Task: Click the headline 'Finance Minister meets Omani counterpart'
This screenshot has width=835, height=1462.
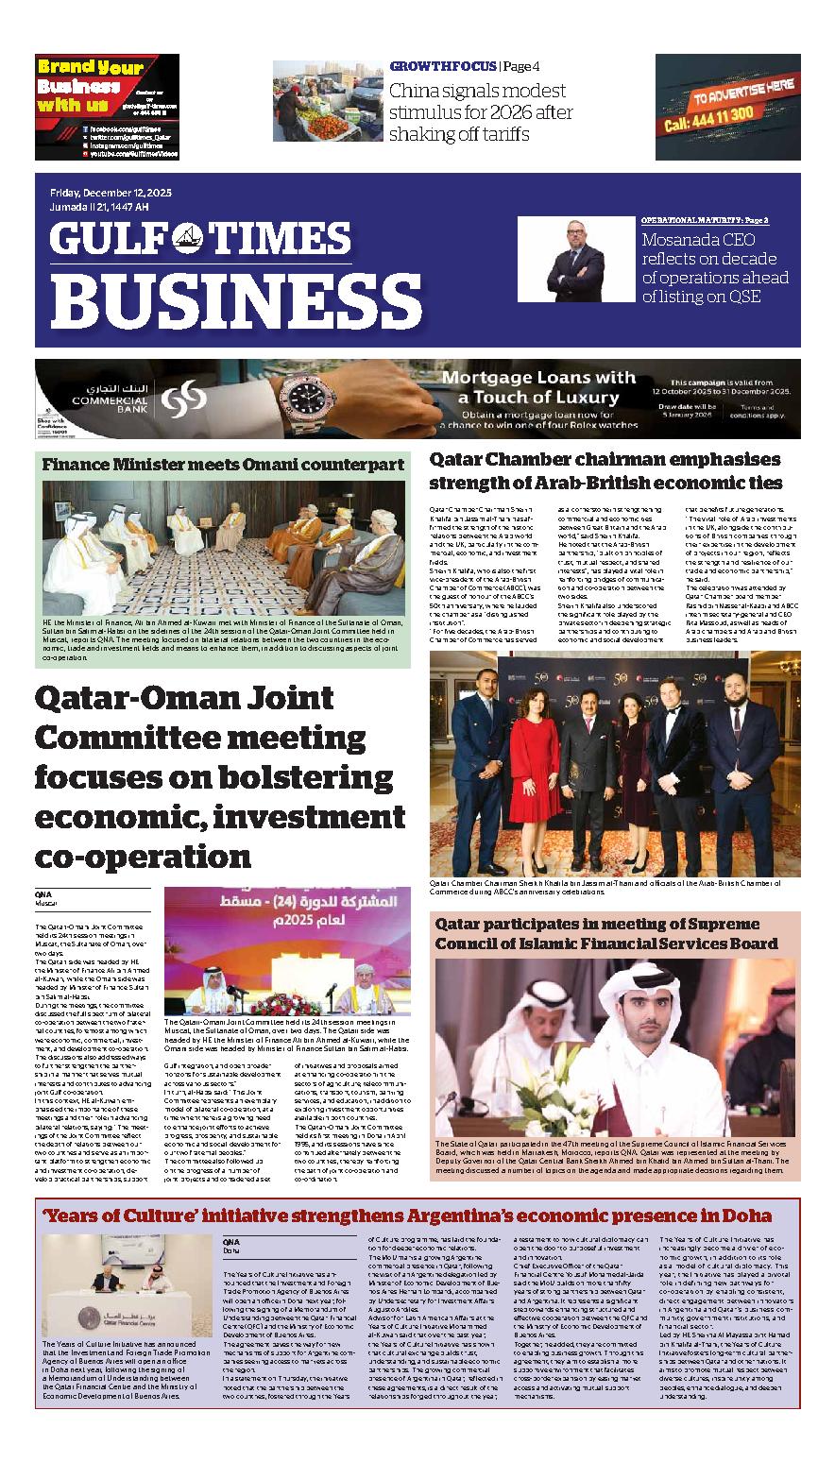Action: pyautogui.click(x=221, y=464)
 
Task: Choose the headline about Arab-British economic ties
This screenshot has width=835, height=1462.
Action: pyautogui.click(x=605, y=470)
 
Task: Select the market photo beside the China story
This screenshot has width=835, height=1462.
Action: pyautogui.click(x=327, y=101)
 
